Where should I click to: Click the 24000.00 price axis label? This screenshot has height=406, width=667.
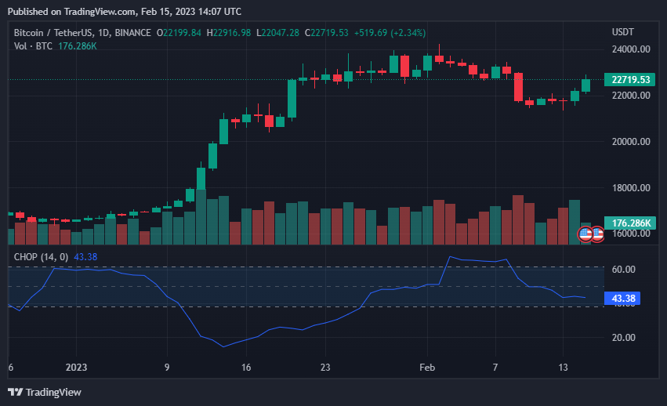[630, 49]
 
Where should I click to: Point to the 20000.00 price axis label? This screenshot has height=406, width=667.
[630, 142]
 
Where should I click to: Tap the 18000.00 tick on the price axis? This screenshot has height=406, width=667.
[630, 188]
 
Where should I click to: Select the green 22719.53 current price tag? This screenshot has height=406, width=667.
[630, 80]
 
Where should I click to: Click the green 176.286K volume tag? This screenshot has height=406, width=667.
[630, 223]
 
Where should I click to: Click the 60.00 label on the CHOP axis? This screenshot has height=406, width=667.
[623, 270]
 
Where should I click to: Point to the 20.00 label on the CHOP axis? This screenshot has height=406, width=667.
[623, 338]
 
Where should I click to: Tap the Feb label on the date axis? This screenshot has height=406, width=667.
[426, 367]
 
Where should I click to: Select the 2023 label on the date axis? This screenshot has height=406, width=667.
[76, 367]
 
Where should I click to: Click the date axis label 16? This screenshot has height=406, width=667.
[246, 367]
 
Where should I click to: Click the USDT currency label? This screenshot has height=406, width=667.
[622, 32]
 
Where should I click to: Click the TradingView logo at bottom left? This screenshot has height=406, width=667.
[45, 392]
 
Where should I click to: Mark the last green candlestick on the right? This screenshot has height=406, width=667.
[585, 85]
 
